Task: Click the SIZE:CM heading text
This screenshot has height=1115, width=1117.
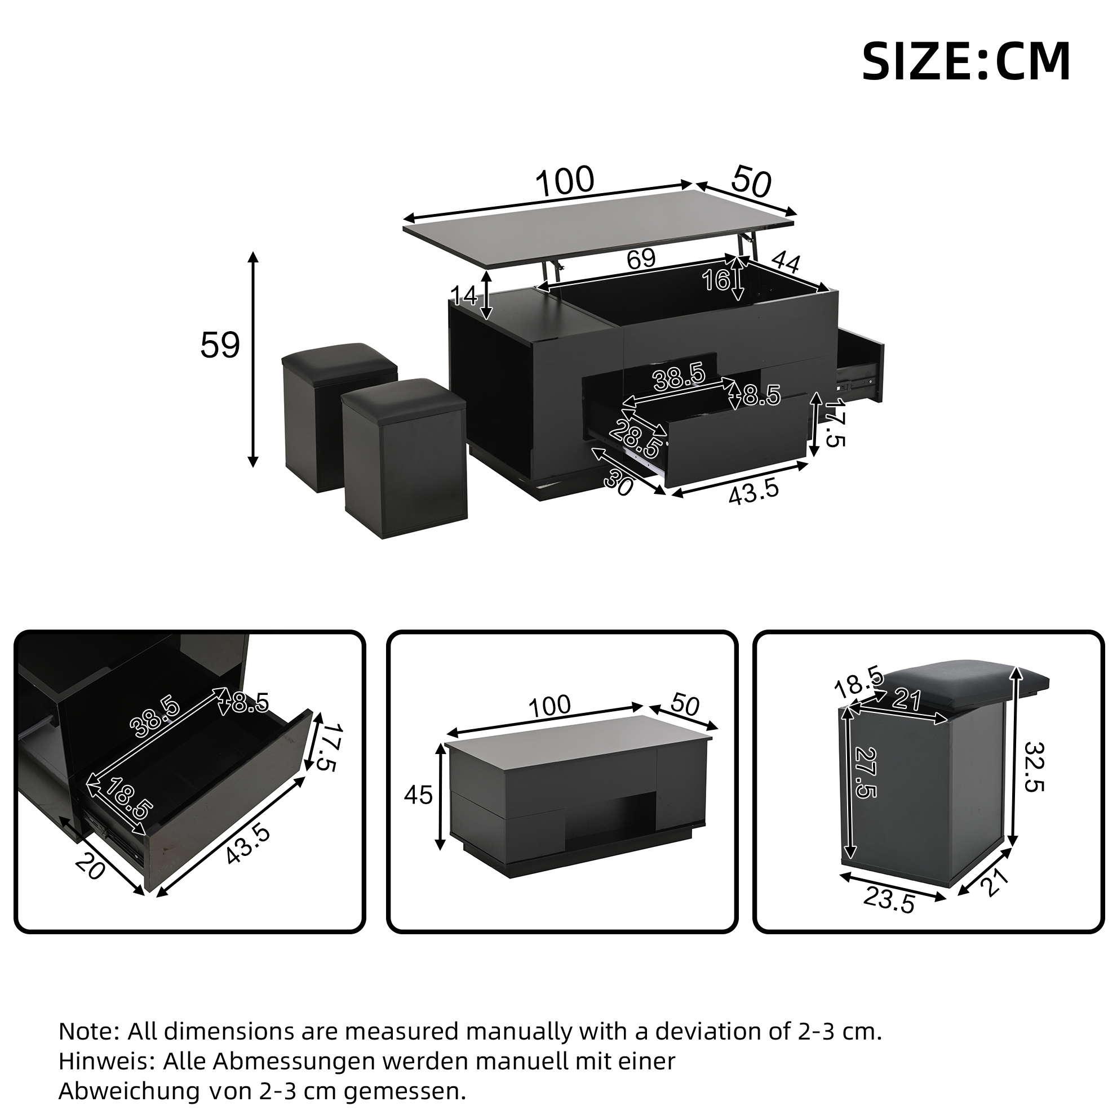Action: pyautogui.click(x=965, y=62)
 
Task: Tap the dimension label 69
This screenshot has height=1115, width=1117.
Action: pyautogui.click(x=641, y=260)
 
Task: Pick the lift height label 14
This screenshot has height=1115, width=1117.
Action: pyautogui.click(x=464, y=296)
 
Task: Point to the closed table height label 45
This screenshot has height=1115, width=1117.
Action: pyautogui.click(x=418, y=795)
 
